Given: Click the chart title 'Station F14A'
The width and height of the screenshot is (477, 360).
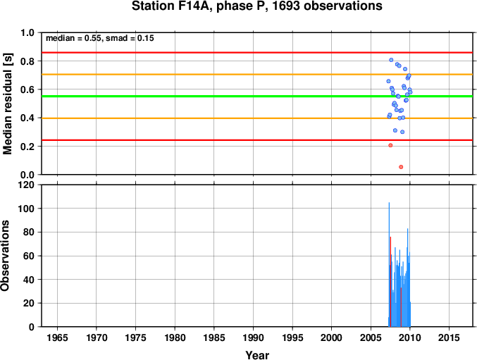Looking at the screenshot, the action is [x=172, y=6].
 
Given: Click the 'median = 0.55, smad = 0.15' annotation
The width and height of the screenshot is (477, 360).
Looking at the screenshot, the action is [x=100, y=38].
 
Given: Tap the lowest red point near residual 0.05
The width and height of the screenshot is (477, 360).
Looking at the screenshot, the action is [x=401, y=167].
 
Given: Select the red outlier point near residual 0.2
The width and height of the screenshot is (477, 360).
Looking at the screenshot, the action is [x=390, y=145].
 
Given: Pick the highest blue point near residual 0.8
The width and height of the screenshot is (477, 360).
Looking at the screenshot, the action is [x=391, y=60].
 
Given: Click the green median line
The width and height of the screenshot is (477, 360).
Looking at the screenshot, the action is [x=257, y=97].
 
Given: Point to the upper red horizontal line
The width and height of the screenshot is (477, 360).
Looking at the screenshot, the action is [x=257, y=53].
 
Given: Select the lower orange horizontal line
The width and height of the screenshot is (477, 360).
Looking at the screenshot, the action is [x=257, y=118].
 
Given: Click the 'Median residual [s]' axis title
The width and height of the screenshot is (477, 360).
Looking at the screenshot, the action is [x=7, y=104].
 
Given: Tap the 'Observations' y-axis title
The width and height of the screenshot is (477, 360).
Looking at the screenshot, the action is [x=5, y=256].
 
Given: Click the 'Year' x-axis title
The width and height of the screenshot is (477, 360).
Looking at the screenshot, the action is [x=257, y=355].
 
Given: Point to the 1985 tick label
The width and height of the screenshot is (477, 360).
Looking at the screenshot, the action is [x=214, y=337].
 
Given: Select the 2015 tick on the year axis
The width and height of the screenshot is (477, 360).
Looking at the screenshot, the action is [x=449, y=337].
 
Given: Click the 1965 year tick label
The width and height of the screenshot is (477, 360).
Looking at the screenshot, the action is [x=57, y=337].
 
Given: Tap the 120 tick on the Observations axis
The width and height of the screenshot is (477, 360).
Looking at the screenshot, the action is [x=27, y=185].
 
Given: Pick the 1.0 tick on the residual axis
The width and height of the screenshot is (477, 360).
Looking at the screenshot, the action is [x=27, y=32].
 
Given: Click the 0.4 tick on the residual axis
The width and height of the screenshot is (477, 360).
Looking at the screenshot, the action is [x=27, y=118].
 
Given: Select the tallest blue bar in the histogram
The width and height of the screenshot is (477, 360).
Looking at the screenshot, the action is [x=389, y=264].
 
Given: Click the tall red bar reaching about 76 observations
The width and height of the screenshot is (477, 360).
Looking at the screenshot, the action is [x=390, y=282].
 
